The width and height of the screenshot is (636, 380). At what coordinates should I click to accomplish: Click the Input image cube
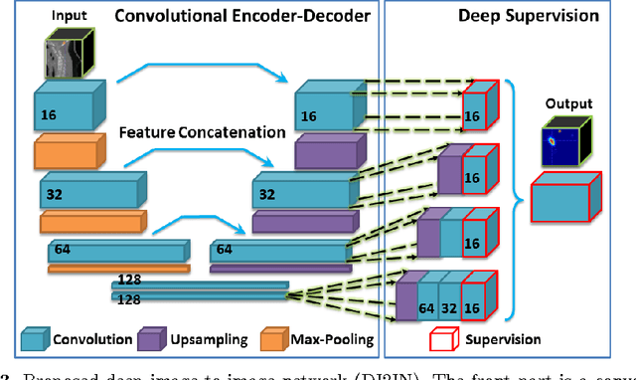pyautogui.click(x=70, y=51)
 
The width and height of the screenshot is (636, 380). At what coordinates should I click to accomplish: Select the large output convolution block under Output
pyautogui.click(x=562, y=198)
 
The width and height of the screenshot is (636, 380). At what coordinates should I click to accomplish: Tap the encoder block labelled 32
pyautogui.click(x=84, y=190)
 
